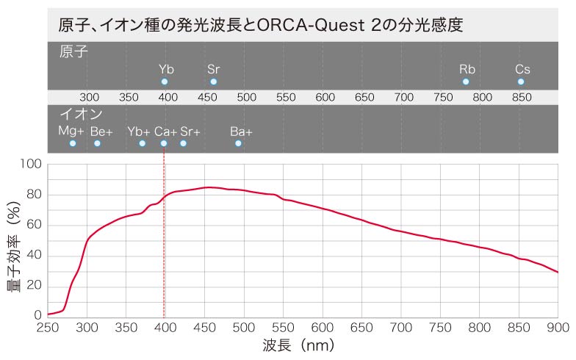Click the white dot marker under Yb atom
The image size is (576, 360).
click(x=165, y=82)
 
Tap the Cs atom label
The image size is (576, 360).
click(x=522, y=69)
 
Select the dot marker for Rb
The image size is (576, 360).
click(x=466, y=82)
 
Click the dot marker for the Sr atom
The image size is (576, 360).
click(x=213, y=82)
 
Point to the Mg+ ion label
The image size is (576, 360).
click(x=71, y=131)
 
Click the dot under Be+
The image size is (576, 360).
click(x=97, y=143)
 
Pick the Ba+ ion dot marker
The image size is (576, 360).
click(x=238, y=143)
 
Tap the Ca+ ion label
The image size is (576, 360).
click(x=165, y=131)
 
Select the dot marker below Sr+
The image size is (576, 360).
click(x=183, y=143)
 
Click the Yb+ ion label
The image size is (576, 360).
click(x=138, y=131)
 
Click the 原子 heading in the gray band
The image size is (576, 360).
click(x=73, y=52)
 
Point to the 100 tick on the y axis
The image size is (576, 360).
click(x=32, y=164)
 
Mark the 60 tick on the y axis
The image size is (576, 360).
click(x=35, y=225)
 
